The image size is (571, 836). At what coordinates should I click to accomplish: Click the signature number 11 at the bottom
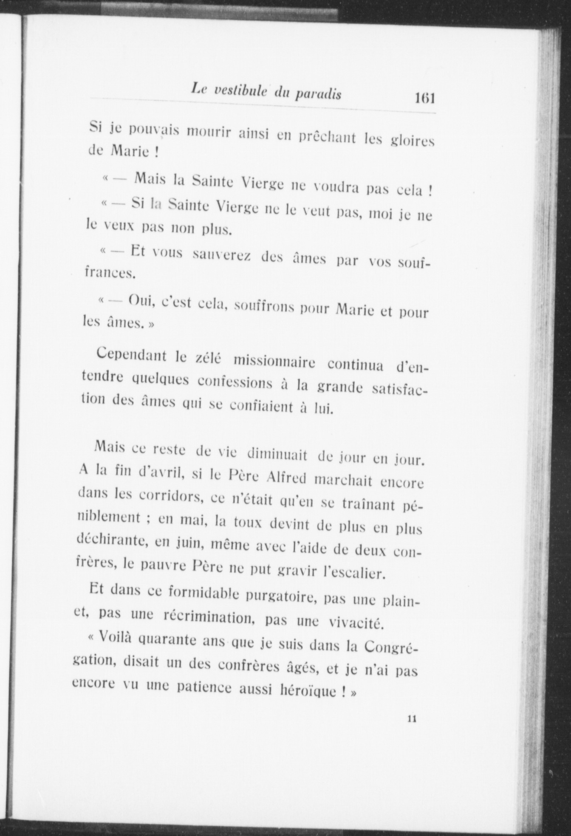point(411,719)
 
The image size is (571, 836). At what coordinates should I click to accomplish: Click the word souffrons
point(262,306)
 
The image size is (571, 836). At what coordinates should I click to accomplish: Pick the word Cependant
point(132,355)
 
